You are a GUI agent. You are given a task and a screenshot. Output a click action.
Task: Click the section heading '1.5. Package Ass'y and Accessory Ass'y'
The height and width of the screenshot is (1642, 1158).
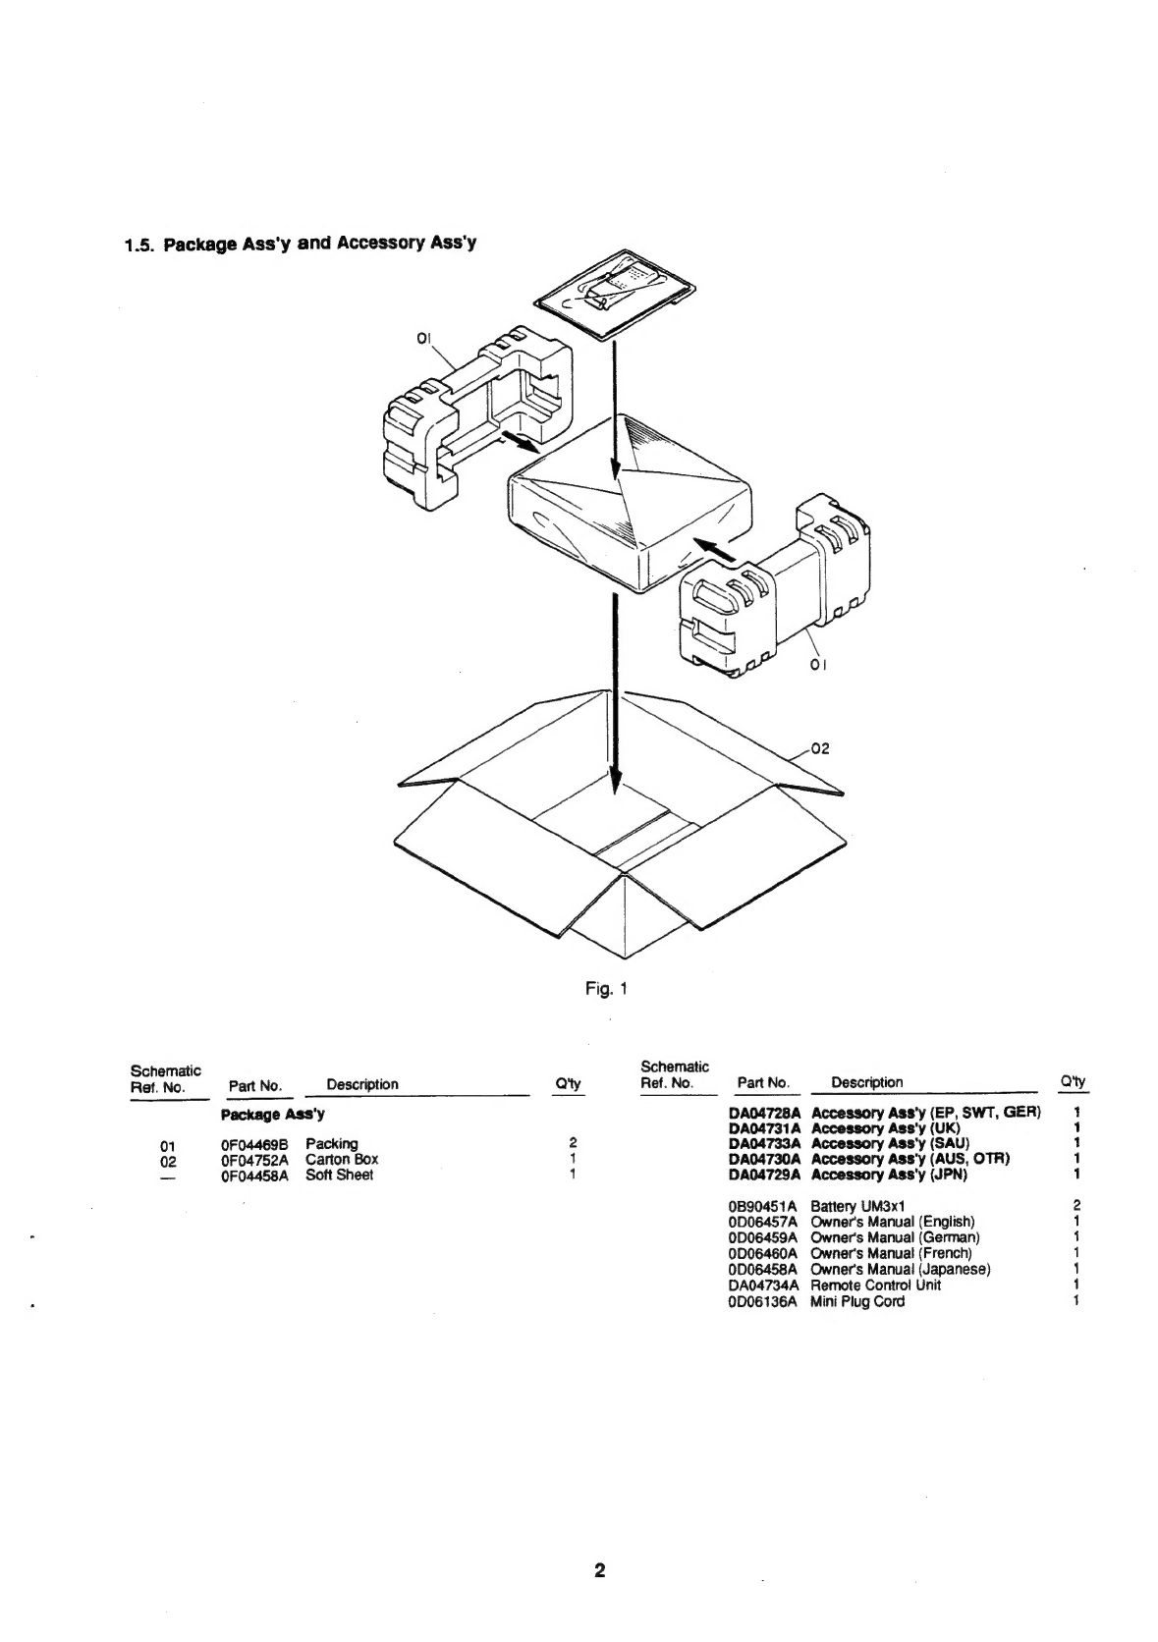point(301,243)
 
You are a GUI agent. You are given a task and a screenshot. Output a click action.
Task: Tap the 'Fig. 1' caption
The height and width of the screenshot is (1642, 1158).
point(606,989)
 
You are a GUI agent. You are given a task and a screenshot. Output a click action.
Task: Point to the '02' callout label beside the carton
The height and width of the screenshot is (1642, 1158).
point(820,748)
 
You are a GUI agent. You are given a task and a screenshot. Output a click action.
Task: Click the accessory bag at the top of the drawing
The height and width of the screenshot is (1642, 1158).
point(615,295)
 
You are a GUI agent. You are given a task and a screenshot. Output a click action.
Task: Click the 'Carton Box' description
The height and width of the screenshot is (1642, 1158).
point(342,1160)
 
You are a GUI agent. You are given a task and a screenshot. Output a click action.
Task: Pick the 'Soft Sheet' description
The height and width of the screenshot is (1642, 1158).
point(339,1176)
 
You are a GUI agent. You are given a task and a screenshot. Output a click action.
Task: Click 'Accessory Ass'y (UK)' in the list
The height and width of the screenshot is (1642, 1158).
point(885,1128)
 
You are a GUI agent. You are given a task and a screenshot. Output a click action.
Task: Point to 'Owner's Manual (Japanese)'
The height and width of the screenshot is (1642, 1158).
point(900,1269)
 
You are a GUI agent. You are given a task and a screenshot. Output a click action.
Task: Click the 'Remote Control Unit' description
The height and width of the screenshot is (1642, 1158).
point(875,1285)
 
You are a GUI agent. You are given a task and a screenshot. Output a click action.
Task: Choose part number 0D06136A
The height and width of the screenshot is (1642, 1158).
point(762,1301)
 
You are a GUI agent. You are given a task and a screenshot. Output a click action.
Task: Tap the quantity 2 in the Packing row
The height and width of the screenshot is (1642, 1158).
point(574,1143)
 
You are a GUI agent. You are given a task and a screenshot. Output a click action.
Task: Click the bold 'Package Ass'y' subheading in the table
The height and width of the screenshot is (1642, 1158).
point(273,1115)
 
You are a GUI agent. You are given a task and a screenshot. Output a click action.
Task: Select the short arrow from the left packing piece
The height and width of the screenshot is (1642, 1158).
point(520,442)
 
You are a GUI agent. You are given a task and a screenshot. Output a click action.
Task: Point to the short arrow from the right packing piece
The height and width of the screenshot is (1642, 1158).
point(715,549)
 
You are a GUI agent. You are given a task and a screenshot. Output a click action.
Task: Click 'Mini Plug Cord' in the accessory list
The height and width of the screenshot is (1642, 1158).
point(857,1301)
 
